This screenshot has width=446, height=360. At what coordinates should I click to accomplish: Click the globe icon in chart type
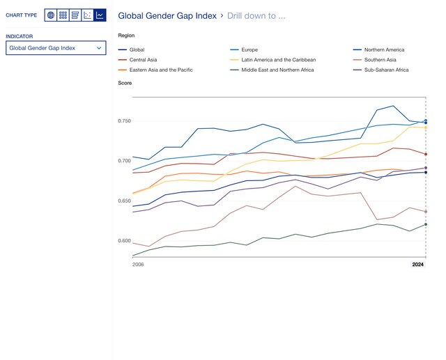coord(50,15)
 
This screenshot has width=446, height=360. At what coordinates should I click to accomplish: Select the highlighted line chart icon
coord(100,15)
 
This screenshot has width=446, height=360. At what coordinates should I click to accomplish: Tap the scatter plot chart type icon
coord(88,15)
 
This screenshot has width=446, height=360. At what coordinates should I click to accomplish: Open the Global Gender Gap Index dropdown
coord(56,48)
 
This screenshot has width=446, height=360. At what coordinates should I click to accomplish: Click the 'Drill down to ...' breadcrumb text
coord(256,15)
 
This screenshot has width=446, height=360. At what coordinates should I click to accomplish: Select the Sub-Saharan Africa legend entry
coord(385,70)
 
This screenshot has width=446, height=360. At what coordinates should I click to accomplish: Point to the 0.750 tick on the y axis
coord(124,121)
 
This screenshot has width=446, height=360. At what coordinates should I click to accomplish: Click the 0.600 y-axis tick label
coord(124,241)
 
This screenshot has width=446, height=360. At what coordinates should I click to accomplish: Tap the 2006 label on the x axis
coord(139,265)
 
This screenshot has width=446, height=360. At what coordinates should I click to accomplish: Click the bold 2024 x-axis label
coord(417,265)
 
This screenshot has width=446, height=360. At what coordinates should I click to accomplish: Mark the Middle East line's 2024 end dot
coord(426,224)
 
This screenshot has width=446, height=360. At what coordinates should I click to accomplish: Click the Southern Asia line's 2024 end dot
coord(426,212)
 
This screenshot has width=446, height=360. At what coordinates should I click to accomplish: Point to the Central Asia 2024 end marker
coord(426,154)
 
